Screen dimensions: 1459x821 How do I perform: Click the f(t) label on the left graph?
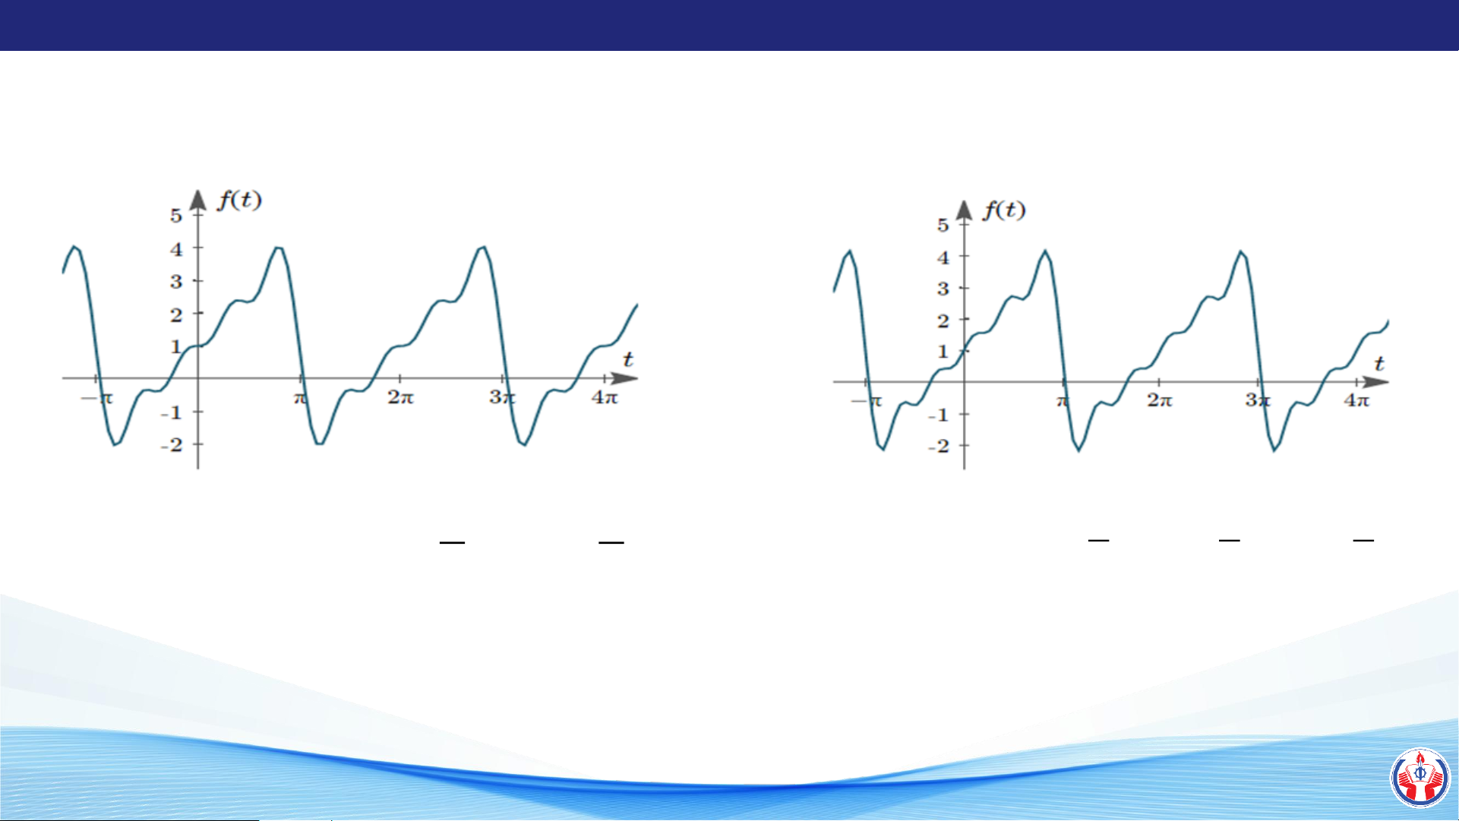click(x=239, y=200)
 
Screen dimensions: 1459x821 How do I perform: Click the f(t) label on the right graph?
click(x=1004, y=210)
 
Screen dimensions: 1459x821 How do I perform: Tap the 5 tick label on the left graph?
click(x=176, y=216)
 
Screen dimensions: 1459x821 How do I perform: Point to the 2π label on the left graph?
click(x=400, y=396)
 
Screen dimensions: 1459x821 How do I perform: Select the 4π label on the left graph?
click(x=605, y=396)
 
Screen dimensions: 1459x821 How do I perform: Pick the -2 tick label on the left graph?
click(x=172, y=444)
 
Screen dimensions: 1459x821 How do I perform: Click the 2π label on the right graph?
click(x=1159, y=400)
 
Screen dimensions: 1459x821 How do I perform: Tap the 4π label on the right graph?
click(x=1356, y=400)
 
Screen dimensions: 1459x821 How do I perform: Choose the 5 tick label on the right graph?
click(x=943, y=225)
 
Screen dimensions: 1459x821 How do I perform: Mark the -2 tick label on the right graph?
click(x=939, y=446)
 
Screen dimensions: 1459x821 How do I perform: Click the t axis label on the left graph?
click(x=628, y=359)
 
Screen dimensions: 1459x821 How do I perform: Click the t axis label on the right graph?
click(x=1379, y=364)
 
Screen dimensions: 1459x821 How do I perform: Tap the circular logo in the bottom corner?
click(x=1420, y=777)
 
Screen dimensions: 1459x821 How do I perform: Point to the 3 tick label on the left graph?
click(x=176, y=282)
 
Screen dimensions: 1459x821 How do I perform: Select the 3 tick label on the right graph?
click(x=943, y=289)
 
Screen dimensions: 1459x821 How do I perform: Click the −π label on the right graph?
click(x=867, y=401)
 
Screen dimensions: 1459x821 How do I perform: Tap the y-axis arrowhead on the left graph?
click(x=198, y=199)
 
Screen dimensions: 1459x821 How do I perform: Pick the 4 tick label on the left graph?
click(x=176, y=249)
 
